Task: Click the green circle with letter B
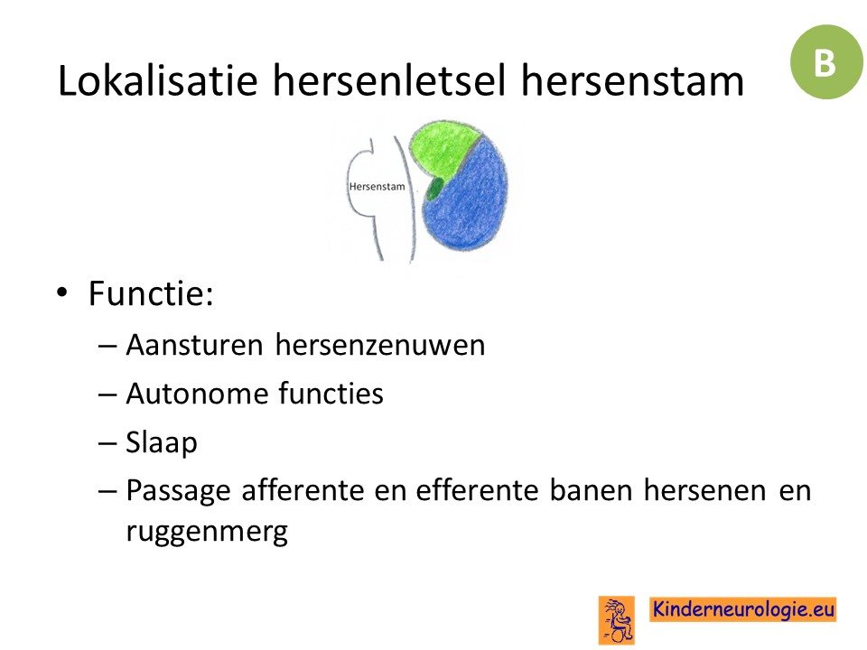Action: click(x=826, y=62)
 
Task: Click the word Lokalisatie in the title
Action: click(x=157, y=80)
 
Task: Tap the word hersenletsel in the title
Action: click(x=389, y=80)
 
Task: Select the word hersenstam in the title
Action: click(x=632, y=80)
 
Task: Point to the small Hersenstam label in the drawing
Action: click(x=377, y=187)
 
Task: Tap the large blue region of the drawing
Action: click(x=468, y=196)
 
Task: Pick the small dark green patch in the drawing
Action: click(x=433, y=189)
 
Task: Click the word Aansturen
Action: click(x=194, y=345)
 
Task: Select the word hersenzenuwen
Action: click(x=380, y=345)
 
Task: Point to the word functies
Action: click(x=331, y=394)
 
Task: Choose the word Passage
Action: click(x=178, y=491)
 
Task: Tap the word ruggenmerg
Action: click(x=207, y=532)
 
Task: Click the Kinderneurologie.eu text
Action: click(x=742, y=609)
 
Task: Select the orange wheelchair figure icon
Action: click(x=617, y=620)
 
